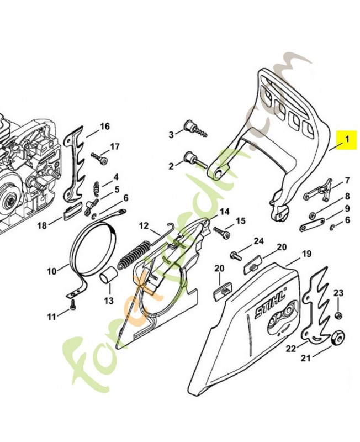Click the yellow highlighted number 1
pyautogui.click(x=347, y=140)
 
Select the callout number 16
pyautogui.click(x=105, y=127)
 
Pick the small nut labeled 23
pyautogui.click(x=338, y=315)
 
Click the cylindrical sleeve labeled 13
pyautogui.click(x=110, y=273)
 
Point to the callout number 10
pyautogui.click(x=51, y=271)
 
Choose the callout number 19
pyautogui.click(x=306, y=255)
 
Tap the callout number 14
pyautogui.click(x=224, y=212)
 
